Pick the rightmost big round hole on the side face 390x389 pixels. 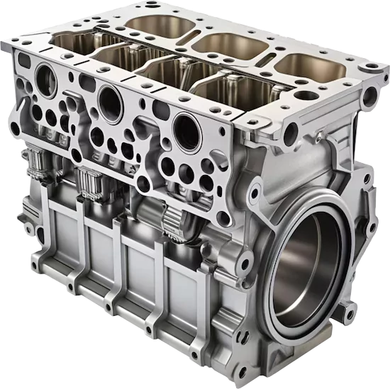tap(187, 130)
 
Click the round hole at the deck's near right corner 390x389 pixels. tap(290, 130)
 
